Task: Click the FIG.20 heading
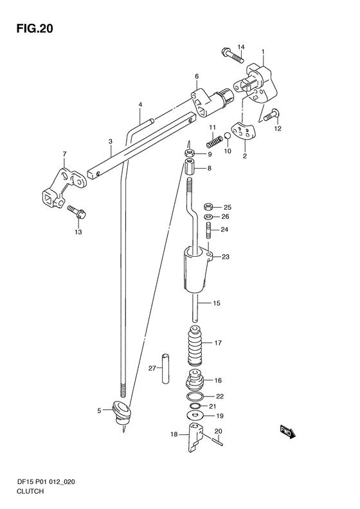coord(34,29)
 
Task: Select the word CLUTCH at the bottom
coord(30,491)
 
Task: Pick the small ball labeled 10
coord(228,136)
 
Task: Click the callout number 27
coord(152,368)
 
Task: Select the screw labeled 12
coord(272,115)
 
